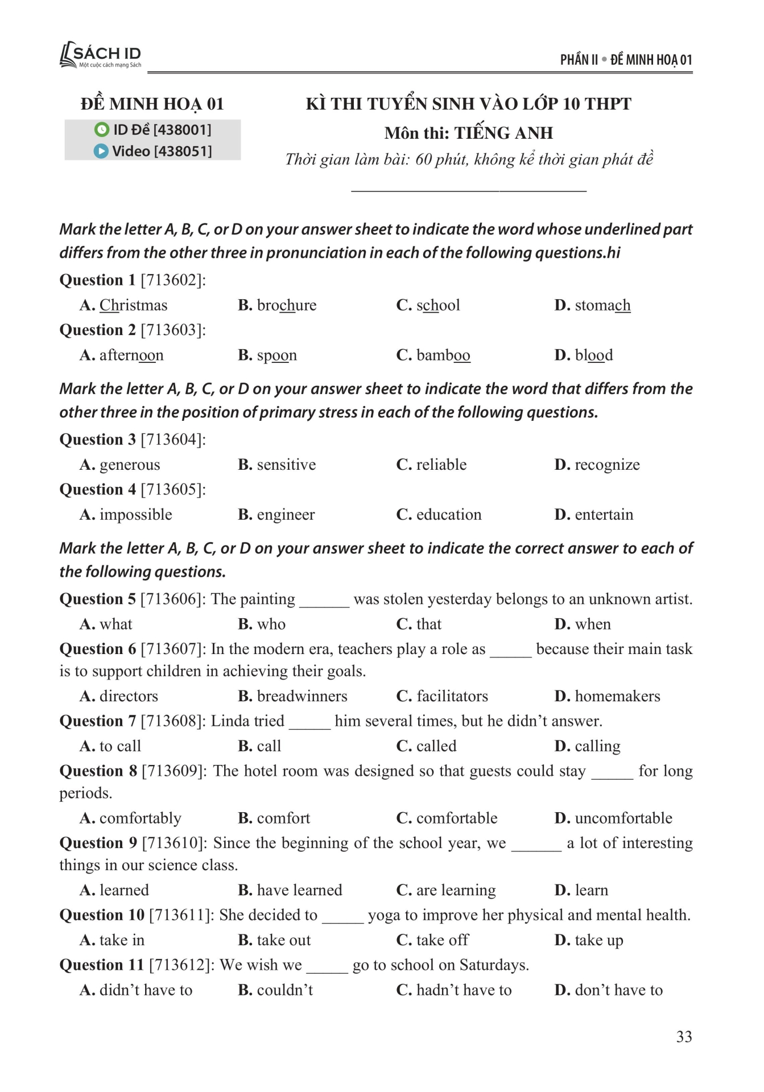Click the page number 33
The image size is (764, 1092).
pos(684,1037)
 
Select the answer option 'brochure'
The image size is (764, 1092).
pos(286,305)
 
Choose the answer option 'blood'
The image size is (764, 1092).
pos(593,355)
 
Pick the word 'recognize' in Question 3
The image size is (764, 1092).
pos(607,465)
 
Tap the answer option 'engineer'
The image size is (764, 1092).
pos(286,515)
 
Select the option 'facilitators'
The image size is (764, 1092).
pos(452,696)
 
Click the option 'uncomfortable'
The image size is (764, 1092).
pos(623,818)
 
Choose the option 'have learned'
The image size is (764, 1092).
pos(299,890)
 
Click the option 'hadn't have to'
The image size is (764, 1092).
pos(464,990)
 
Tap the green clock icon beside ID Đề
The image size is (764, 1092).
pos(101,130)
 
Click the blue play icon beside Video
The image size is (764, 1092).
pos(101,151)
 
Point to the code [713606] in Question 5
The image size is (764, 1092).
pos(172,599)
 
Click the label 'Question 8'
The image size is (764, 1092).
pos(98,771)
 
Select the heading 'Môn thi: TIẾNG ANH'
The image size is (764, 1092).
pos(468,133)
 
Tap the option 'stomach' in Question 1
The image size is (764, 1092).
pos(602,305)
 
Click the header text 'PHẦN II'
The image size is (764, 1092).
pos(579,60)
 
